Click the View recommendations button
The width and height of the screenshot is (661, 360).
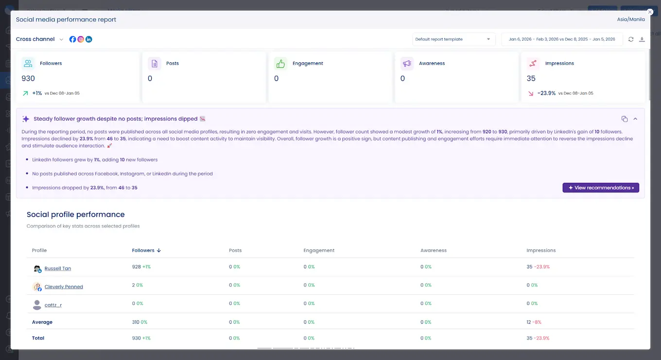click(601, 188)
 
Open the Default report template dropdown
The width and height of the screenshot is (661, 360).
click(453, 39)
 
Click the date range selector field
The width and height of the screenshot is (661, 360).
click(562, 39)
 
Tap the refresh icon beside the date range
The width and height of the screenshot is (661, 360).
click(631, 39)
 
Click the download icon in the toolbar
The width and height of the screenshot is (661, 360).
click(642, 39)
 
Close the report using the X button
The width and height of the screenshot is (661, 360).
click(650, 12)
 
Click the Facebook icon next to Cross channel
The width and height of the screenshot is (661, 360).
click(73, 39)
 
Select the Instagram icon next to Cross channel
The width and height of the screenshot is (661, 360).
click(81, 39)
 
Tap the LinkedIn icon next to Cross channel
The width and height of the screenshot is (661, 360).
click(89, 39)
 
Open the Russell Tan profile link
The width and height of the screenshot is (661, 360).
click(57, 269)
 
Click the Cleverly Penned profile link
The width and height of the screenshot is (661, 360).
click(64, 287)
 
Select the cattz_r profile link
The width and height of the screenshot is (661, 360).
click(53, 305)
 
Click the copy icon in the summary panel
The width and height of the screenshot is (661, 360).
click(625, 119)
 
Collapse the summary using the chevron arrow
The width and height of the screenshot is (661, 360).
click(635, 119)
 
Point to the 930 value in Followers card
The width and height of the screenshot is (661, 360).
click(28, 78)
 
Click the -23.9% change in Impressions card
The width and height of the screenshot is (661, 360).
click(546, 93)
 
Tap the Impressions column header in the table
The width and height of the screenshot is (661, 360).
click(541, 250)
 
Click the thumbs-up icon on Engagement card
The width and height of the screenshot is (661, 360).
click(280, 64)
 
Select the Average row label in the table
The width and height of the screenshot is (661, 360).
click(42, 322)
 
